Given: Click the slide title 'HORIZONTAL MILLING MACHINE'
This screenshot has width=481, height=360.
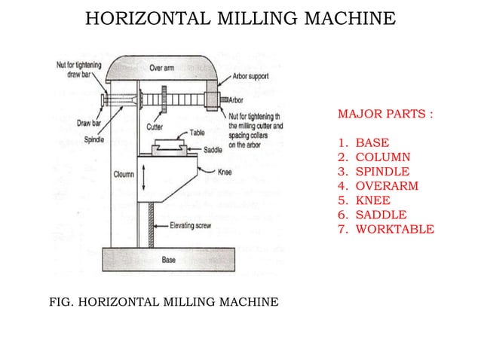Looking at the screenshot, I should [240, 18].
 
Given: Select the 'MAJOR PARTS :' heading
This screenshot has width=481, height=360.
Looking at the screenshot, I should [385, 117].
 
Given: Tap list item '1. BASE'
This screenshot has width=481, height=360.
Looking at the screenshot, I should [364, 142].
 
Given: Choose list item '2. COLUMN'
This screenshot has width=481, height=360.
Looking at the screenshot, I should [374, 157].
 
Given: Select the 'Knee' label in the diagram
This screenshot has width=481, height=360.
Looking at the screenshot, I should [225, 170].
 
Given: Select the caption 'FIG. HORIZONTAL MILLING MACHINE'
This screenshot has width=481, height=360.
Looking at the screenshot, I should [163, 303].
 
